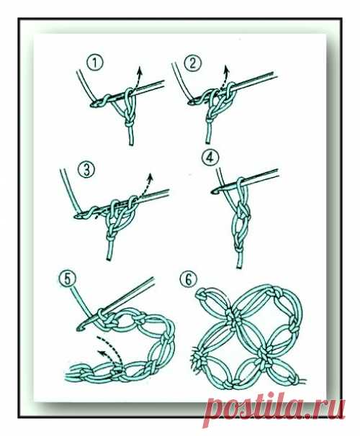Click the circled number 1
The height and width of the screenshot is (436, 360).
(x=95, y=63)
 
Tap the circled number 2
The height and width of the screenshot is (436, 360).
(x=192, y=63)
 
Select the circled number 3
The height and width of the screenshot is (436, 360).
(x=86, y=171)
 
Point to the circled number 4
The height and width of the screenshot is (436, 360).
(x=210, y=158)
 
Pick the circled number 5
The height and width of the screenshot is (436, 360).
(x=68, y=279)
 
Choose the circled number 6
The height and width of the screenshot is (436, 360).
(x=189, y=279)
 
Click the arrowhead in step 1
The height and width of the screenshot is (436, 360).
(x=140, y=69)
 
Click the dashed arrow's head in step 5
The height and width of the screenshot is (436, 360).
(x=101, y=353)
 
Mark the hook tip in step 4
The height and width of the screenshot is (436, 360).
(x=213, y=191)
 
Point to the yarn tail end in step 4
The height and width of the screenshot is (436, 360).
(x=240, y=267)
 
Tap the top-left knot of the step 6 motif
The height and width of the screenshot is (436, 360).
(x=203, y=295)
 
